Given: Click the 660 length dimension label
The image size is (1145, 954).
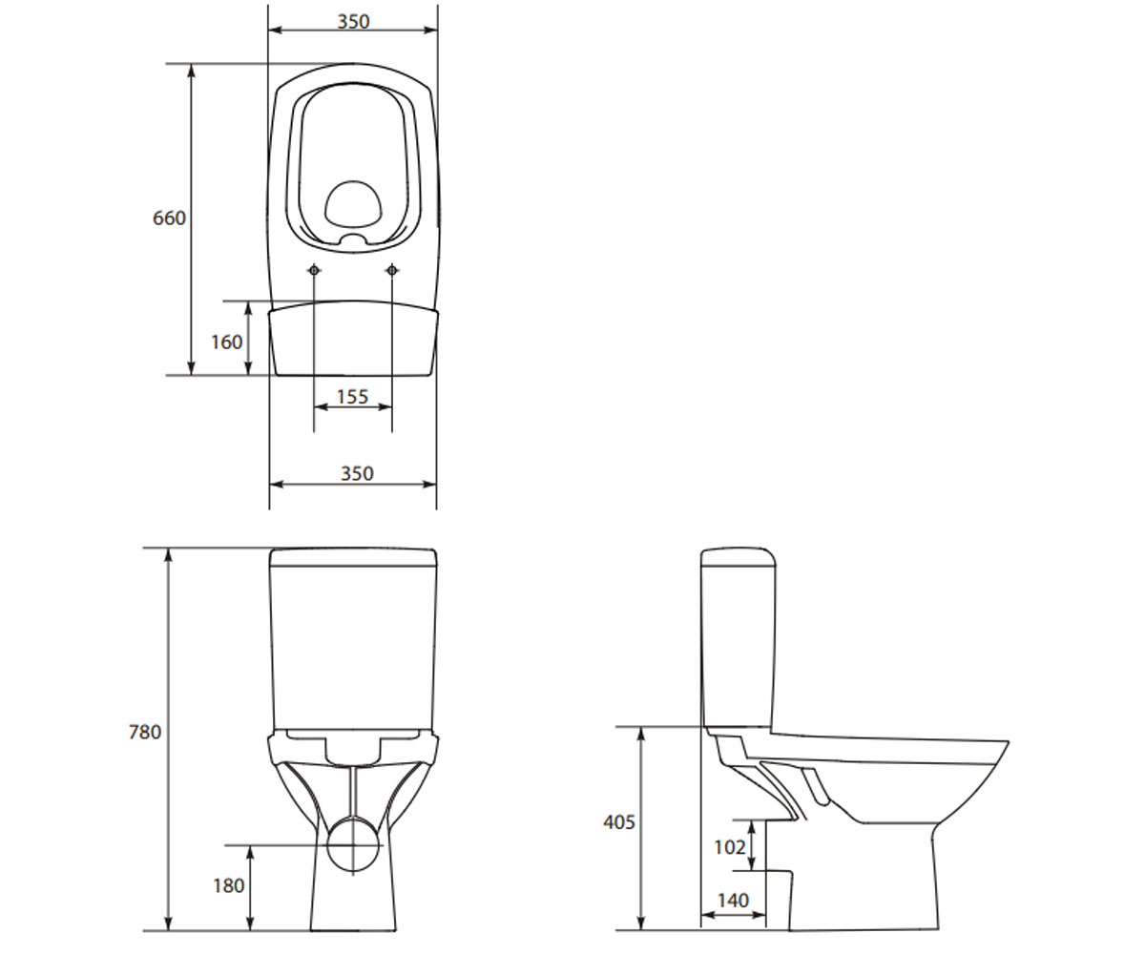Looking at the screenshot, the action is (x=169, y=218).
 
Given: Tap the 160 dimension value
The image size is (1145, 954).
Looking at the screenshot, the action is (x=226, y=342).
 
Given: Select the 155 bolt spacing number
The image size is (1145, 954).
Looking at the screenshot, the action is (x=352, y=397).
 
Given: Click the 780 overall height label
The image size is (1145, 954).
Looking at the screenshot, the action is (x=145, y=732).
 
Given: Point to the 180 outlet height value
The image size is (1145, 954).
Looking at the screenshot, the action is (x=229, y=885).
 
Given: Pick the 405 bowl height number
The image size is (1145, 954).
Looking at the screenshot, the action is (x=619, y=821).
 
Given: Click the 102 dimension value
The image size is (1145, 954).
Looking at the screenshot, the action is (x=730, y=848).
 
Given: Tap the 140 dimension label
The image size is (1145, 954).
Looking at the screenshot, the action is (x=733, y=901).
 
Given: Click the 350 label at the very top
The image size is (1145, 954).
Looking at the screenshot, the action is (x=354, y=21).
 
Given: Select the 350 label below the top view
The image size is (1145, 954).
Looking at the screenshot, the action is (x=357, y=473).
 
